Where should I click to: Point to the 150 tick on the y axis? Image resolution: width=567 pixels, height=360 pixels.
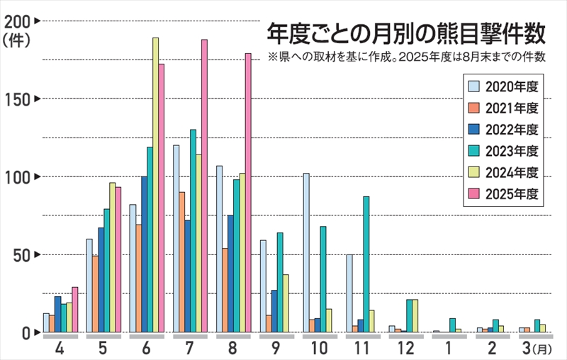click(18, 99)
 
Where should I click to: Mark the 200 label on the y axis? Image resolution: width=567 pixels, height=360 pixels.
click(18, 22)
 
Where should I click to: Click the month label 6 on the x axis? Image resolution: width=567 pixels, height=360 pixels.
click(146, 349)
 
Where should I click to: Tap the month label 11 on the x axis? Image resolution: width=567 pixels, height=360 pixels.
click(362, 349)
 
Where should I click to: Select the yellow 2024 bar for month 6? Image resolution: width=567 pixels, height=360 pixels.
click(155, 184)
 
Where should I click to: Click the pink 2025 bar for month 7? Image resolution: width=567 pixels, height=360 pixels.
click(204, 186)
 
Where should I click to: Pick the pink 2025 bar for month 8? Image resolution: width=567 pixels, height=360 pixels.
click(248, 193)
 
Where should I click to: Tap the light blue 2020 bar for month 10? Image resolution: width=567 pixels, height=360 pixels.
click(306, 252)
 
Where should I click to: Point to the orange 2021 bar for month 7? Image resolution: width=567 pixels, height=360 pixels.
click(181, 261)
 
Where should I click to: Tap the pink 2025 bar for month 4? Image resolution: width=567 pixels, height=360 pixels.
click(74, 309)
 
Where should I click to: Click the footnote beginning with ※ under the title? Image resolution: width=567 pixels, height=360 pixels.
click(406, 57)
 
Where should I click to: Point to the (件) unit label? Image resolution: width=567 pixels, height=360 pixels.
click(18, 41)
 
